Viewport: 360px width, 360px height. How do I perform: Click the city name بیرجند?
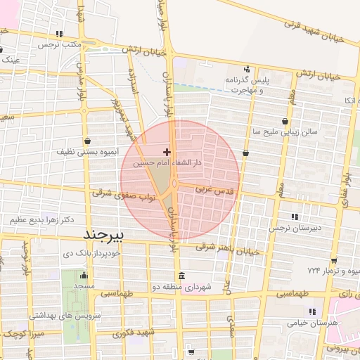103,233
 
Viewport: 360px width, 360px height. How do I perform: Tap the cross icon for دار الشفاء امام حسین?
167,151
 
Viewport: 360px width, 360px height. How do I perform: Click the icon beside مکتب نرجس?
59,34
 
